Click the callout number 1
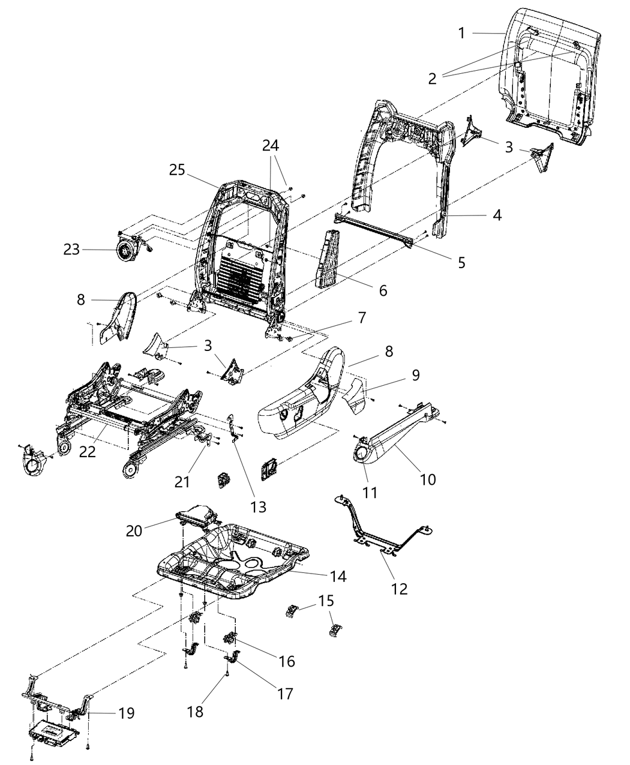coord(461,34)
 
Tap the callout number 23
coord(72,248)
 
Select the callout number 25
coord(177,170)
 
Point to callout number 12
coord(399,589)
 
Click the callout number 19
coord(126,713)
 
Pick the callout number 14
coord(338,577)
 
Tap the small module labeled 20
coord(196,514)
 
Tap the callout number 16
coord(287,661)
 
